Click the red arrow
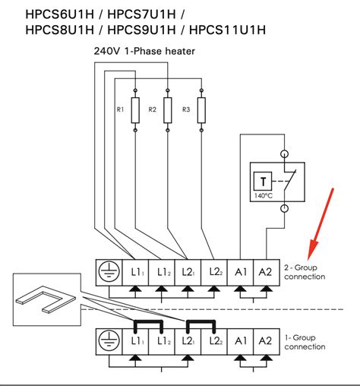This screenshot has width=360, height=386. pos(321,221)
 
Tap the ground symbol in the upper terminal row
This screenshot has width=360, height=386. pos(108,271)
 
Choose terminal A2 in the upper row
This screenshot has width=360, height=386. pos(266,271)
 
